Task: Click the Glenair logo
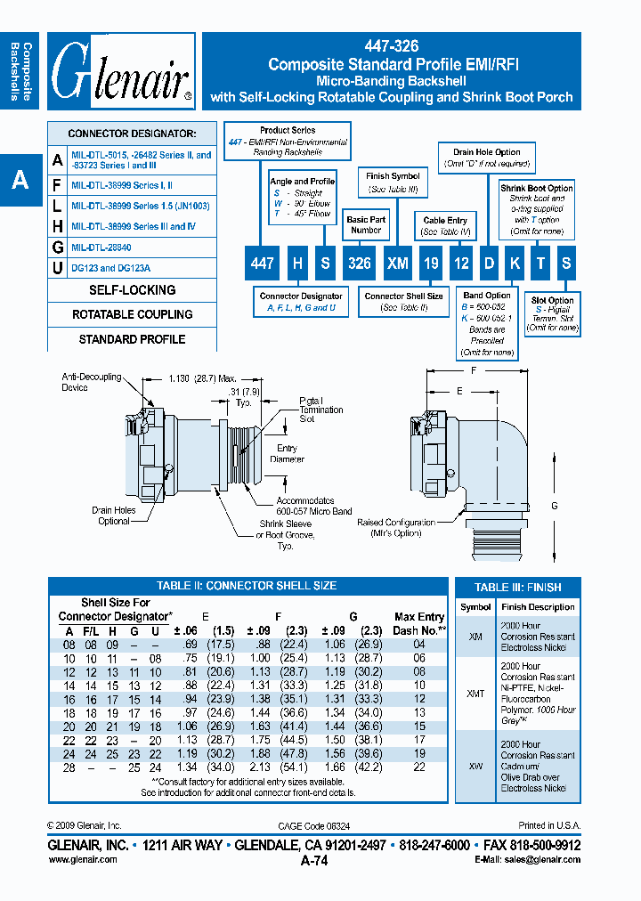tap(121, 72)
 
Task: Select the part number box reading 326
tap(359, 264)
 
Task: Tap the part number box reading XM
tap(397, 264)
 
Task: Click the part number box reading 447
tap(262, 264)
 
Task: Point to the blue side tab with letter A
tap(20, 181)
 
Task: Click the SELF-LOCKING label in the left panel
tap(132, 290)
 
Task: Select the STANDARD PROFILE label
tap(132, 339)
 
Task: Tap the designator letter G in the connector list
tap(58, 247)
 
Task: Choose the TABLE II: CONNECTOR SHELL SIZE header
tap(247, 586)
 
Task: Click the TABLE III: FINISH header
tap(517, 588)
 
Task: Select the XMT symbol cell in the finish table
tap(475, 694)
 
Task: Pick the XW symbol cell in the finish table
tap(475, 765)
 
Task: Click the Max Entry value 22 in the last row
tap(419, 767)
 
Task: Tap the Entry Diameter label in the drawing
tap(286, 454)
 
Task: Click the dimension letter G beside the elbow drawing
tap(555, 506)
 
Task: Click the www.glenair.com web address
tap(82, 859)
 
